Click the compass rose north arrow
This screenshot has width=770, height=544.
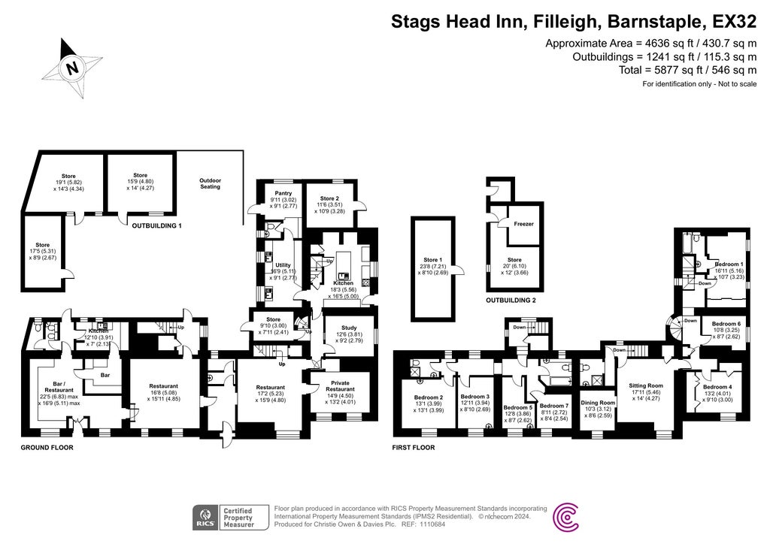click(x=71, y=68)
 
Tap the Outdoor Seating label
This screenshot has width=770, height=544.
click(x=210, y=183)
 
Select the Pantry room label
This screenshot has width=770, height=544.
click(x=283, y=192)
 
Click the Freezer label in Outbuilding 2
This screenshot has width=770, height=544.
click(x=523, y=224)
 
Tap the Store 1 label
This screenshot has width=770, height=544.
click(x=431, y=260)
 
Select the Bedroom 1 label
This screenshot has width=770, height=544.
click(x=729, y=264)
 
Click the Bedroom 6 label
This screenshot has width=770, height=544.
click(x=726, y=324)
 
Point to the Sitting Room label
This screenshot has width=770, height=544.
click(x=645, y=385)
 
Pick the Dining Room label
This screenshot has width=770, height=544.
click(x=598, y=403)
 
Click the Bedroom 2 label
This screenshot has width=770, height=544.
click(x=428, y=397)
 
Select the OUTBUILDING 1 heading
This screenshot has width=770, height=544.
click(x=157, y=225)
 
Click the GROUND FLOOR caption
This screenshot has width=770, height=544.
click(x=47, y=447)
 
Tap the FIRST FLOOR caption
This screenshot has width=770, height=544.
click(x=414, y=447)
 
